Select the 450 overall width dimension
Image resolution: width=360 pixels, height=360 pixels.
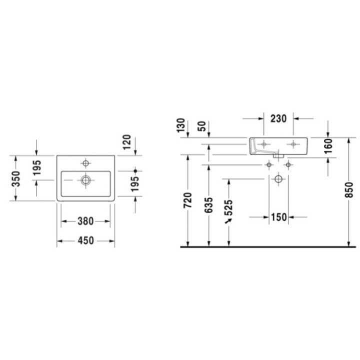(x=85, y=241)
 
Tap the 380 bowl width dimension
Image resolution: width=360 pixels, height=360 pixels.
(x=85, y=220)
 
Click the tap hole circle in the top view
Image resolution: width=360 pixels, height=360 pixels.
(x=86, y=163)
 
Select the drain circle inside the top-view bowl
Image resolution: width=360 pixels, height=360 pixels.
(x=86, y=179)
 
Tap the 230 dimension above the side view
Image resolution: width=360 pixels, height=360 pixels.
(x=278, y=118)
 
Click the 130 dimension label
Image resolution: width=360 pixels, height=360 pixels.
(x=181, y=125)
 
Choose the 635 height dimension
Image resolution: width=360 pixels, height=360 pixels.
(x=209, y=206)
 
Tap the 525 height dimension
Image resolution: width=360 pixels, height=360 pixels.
(x=229, y=206)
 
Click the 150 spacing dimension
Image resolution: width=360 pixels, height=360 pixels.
(x=279, y=217)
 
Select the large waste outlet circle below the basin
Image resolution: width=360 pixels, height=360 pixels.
(x=278, y=179)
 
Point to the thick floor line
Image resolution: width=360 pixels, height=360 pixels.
(x=270, y=247)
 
